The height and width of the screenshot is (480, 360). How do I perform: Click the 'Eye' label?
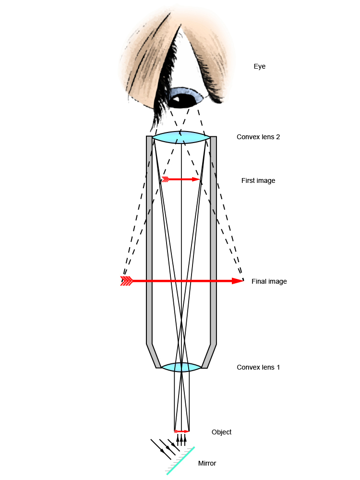click(259, 67)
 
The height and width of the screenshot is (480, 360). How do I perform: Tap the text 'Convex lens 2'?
click(258, 137)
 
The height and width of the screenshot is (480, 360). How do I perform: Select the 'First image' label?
click(258, 180)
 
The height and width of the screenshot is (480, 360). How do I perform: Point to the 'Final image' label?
click(269, 281)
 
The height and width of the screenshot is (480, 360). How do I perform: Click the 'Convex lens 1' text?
click(258, 367)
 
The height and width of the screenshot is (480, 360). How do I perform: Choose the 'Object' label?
click(221, 432)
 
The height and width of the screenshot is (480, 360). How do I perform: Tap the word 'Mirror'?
click(207, 463)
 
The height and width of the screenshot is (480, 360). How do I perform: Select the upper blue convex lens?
click(181, 137)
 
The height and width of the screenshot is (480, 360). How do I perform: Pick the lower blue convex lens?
click(181, 367)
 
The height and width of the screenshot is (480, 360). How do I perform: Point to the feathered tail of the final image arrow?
click(126, 281)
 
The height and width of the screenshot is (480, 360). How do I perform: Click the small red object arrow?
click(182, 431)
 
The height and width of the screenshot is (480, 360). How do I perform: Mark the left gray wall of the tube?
click(149, 240)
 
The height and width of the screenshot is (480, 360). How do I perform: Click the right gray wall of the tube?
click(214, 240)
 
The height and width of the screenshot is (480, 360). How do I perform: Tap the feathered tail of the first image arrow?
click(166, 179)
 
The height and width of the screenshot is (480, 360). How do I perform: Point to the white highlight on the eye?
click(176, 99)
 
